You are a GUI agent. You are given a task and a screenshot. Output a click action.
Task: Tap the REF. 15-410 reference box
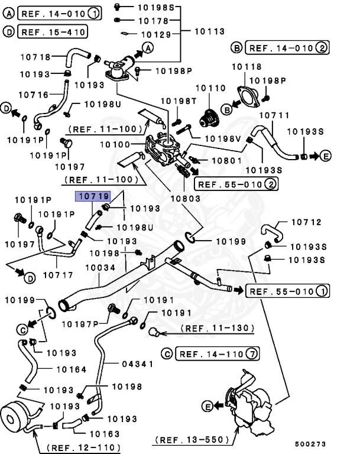pos(53,31)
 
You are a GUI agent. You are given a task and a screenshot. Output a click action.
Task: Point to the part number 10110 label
pos(211,88)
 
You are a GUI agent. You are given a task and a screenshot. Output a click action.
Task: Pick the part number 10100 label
pos(116,144)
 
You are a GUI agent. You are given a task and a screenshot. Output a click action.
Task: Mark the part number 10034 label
pos(100,268)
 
